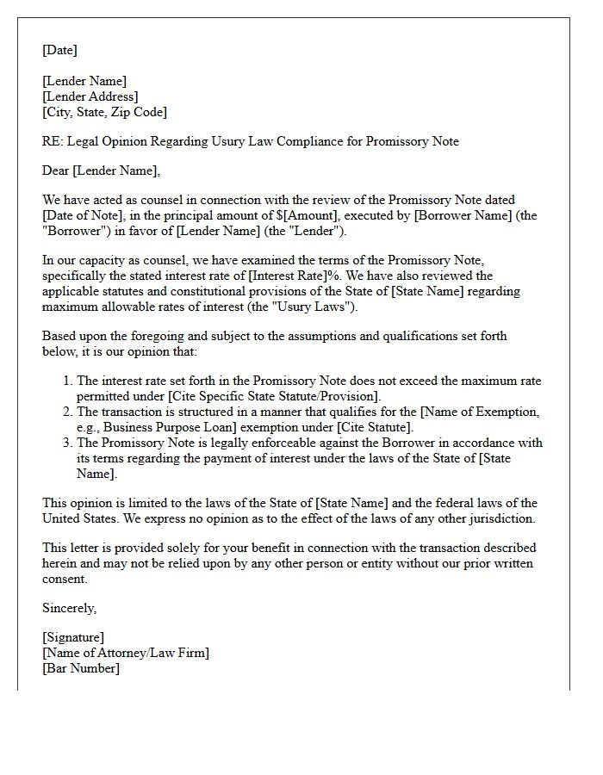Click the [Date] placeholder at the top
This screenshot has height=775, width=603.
(59, 50)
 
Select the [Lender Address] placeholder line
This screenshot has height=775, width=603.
(90, 96)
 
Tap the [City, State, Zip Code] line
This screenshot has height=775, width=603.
(104, 112)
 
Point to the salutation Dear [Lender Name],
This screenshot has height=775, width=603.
(101, 170)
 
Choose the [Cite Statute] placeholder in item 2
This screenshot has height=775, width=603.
(373, 427)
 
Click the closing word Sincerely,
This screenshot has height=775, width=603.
(70, 608)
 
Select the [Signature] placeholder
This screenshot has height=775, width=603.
(73, 637)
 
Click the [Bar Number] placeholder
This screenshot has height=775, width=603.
(81, 668)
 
